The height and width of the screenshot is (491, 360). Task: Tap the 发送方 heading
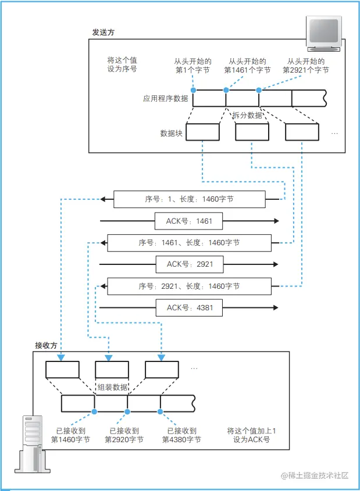pyautogui.click(x=103, y=33)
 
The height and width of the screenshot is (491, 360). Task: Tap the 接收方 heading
pyautogui.click(x=47, y=345)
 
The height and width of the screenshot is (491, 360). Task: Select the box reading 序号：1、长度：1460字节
pyautogui.click(x=189, y=199)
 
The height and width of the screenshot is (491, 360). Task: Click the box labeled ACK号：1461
pyautogui.click(x=189, y=221)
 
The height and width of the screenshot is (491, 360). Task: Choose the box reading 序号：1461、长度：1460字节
pyautogui.click(x=189, y=242)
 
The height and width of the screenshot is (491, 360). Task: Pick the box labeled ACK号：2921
pyautogui.click(x=190, y=264)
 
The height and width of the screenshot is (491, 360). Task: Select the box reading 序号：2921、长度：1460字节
pyautogui.click(x=189, y=286)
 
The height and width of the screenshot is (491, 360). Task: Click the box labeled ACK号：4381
pyautogui.click(x=190, y=307)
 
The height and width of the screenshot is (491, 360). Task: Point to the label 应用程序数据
pyautogui.click(x=166, y=99)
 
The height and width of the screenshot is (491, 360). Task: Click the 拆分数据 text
pyautogui.click(x=247, y=115)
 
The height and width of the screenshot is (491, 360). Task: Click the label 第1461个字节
pyautogui.click(x=247, y=70)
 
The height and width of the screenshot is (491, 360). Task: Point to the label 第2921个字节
pyautogui.click(x=305, y=70)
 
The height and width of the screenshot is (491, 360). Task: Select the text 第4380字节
pyautogui.click(x=181, y=440)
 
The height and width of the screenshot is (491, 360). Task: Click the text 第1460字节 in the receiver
pyautogui.click(x=70, y=440)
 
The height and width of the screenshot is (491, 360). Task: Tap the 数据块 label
pyautogui.click(x=172, y=133)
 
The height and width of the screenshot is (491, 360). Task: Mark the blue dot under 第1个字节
pyautogui.click(x=193, y=90)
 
